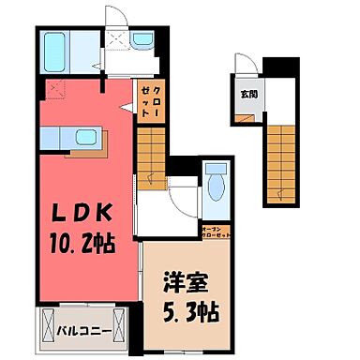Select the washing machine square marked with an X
pos(116,41)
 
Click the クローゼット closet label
pos(149,98)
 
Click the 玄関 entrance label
pos(247,95)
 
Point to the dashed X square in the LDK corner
pos(53,91)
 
